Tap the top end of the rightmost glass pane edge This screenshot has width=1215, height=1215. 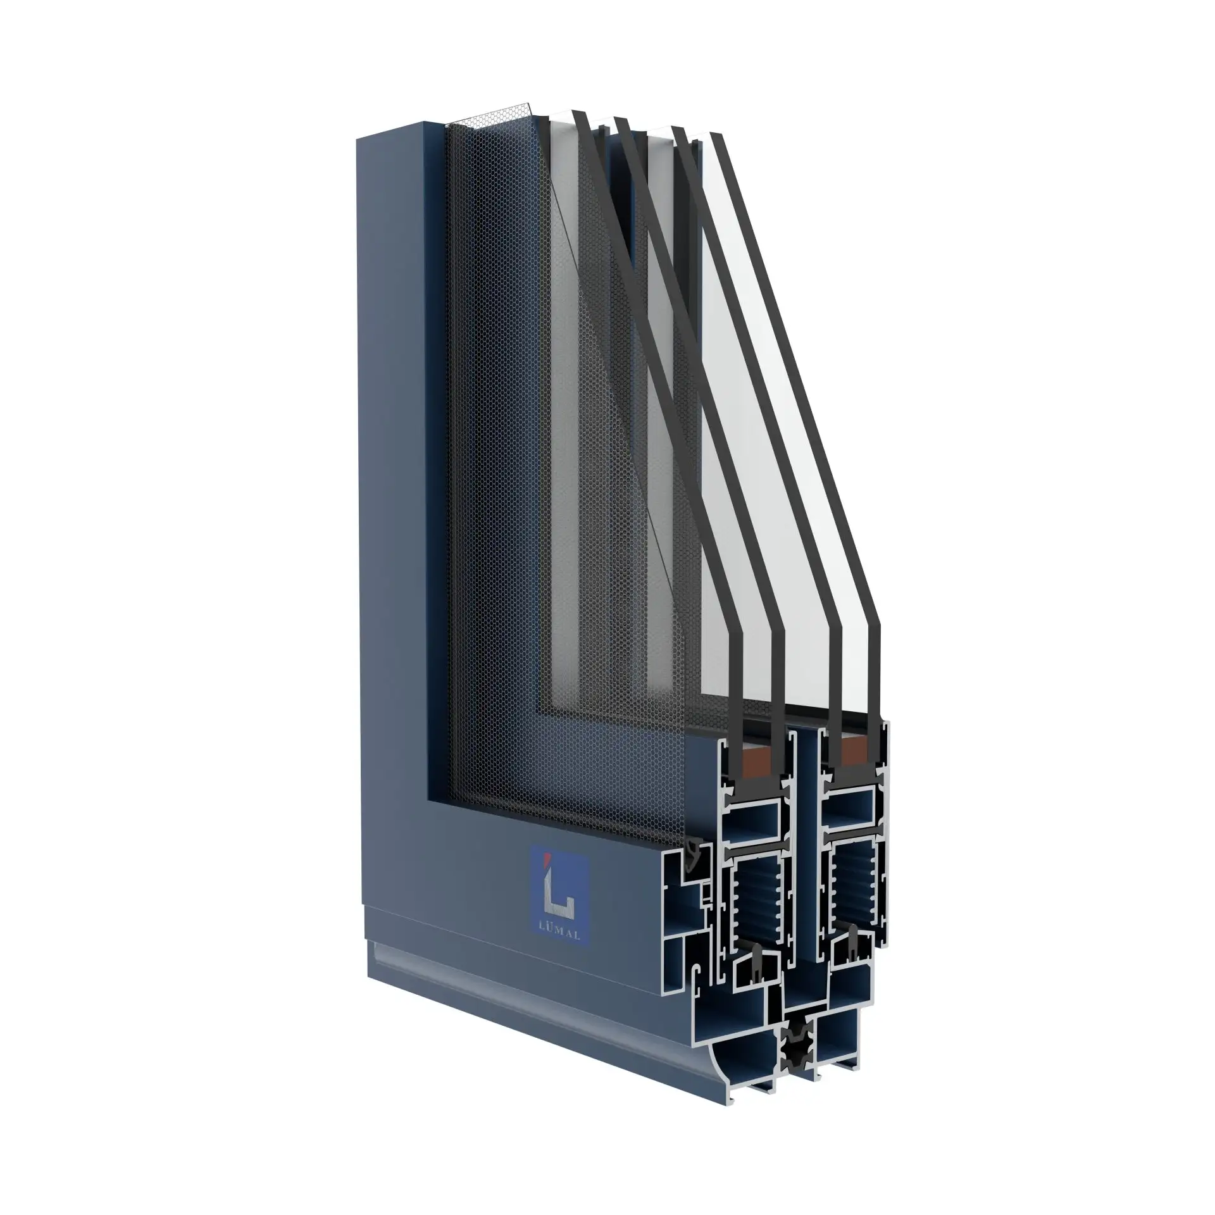click(717, 135)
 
